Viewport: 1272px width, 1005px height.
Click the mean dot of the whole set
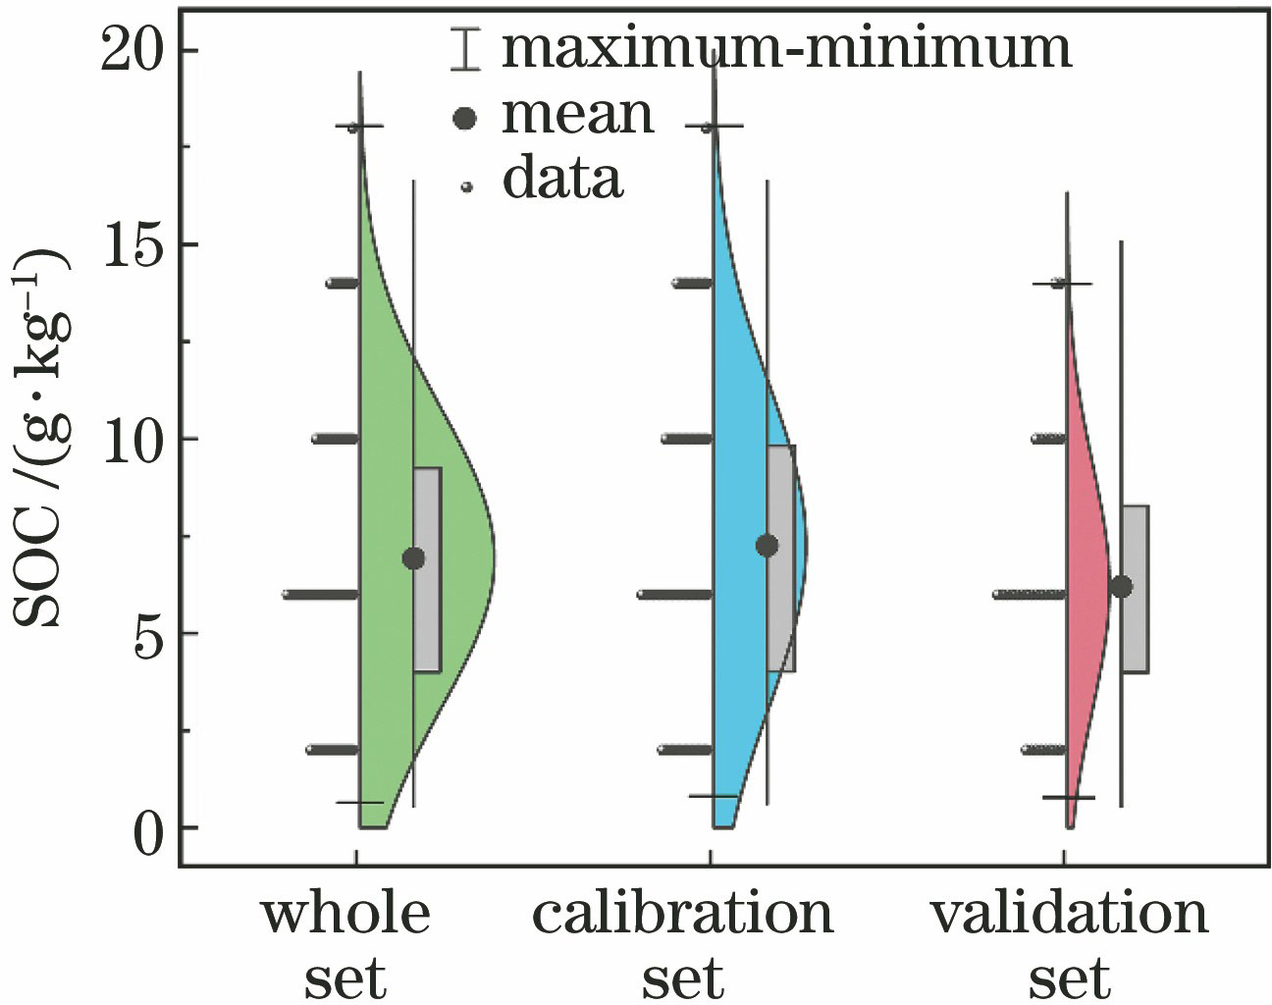click(x=413, y=558)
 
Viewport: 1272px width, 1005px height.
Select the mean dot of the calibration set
click(x=768, y=546)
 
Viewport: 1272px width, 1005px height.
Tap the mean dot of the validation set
click(x=1121, y=587)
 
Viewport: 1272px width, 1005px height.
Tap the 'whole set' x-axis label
click(x=345, y=944)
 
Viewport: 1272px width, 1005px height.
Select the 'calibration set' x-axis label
click(x=683, y=944)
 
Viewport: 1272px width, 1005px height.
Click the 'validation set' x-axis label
click(x=1070, y=944)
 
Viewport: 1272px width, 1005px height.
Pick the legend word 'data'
click(x=562, y=179)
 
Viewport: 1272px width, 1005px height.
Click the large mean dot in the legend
click(x=465, y=119)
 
